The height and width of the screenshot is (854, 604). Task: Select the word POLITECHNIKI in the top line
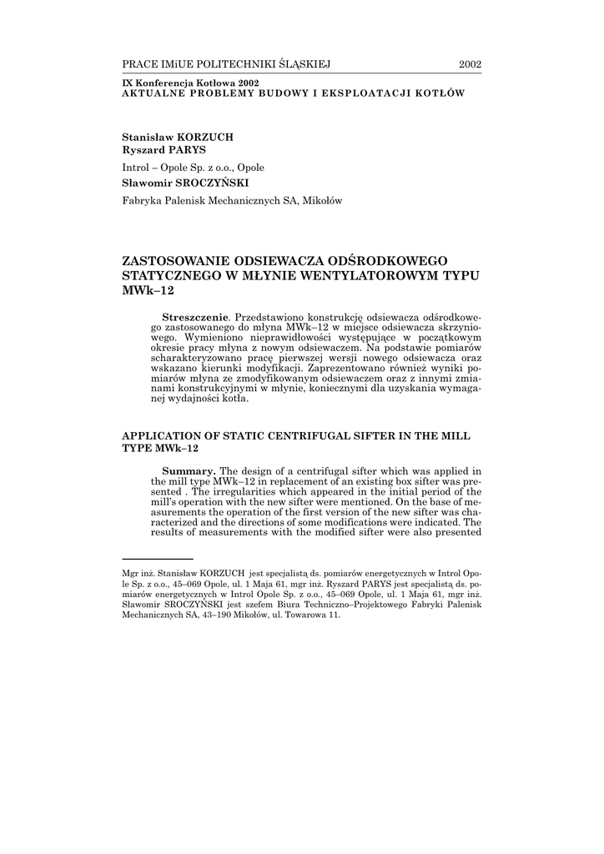coord(241,63)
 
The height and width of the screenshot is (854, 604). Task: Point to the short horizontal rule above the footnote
coord(158,559)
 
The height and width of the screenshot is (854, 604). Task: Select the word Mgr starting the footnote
coord(130,574)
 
